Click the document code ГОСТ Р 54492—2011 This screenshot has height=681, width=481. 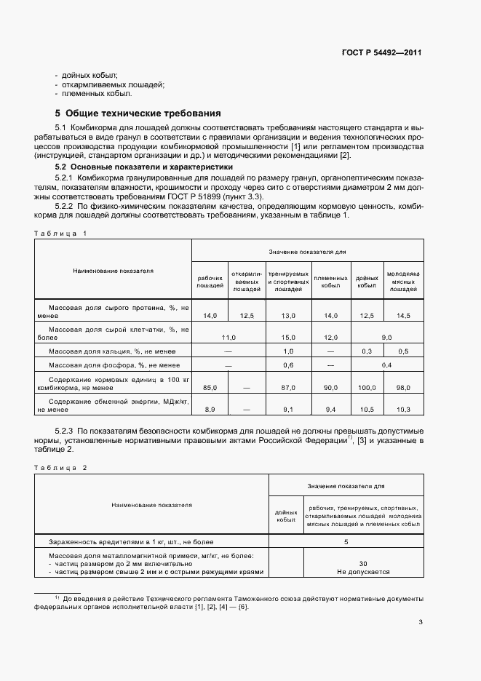[x=382, y=52]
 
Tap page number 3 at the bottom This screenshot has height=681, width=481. [x=421, y=621]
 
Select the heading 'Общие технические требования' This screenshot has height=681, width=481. [x=138, y=113]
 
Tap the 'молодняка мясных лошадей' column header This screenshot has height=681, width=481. [x=403, y=282]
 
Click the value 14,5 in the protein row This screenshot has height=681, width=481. [x=403, y=315]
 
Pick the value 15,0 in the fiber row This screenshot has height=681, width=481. [x=287, y=337]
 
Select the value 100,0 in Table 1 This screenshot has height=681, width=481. [x=366, y=387]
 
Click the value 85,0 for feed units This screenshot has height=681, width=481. [x=210, y=387]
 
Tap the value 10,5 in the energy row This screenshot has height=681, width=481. [x=366, y=410]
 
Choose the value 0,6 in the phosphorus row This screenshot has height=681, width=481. [x=287, y=365]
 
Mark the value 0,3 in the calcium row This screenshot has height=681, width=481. [x=366, y=351]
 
